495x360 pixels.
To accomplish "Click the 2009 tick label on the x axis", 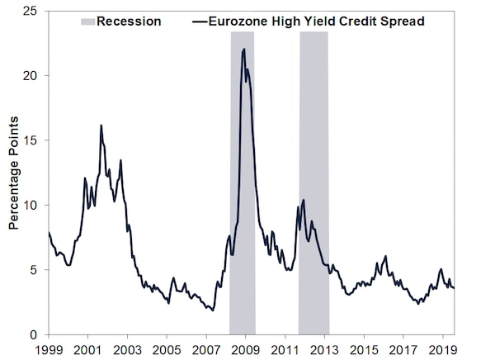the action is pyautogui.click(x=245, y=350).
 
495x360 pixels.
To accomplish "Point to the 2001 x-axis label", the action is pyautogui.click(x=87, y=350).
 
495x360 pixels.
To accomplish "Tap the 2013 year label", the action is pyautogui.click(x=324, y=350).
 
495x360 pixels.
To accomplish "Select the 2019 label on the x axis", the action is pyautogui.click(x=442, y=350).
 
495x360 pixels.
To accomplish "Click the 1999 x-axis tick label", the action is pyautogui.click(x=49, y=350).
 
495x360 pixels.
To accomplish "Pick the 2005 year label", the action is pyautogui.click(x=167, y=350).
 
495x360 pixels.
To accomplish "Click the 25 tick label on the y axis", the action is pyautogui.click(x=30, y=11).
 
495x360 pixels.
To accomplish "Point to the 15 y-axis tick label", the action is pyautogui.click(x=30, y=140).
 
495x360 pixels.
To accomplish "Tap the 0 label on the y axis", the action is pyautogui.click(x=34, y=334).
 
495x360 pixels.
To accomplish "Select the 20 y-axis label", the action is pyautogui.click(x=30, y=76).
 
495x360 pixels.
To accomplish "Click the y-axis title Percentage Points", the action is pyautogui.click(x=13, y=173).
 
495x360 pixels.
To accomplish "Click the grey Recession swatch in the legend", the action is pyautogui.click(x=87, y=21).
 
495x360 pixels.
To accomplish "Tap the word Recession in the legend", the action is pyautogui.click(x=129, y=21).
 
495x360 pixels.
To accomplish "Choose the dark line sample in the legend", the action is pyautogui.click(x=200, y=21).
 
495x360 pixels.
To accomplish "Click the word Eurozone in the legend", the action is pyautogui.click(x=238, y=21).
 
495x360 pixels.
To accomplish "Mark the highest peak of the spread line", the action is pyautogui.click(x=243, y=49).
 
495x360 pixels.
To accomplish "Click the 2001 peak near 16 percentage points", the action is pyautogui.click(x=101, y=126).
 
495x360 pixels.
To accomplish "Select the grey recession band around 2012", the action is pyautogui.click(x=313, y=182).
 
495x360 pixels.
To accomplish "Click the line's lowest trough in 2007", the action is pyautogui.click(x=213, y=310).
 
